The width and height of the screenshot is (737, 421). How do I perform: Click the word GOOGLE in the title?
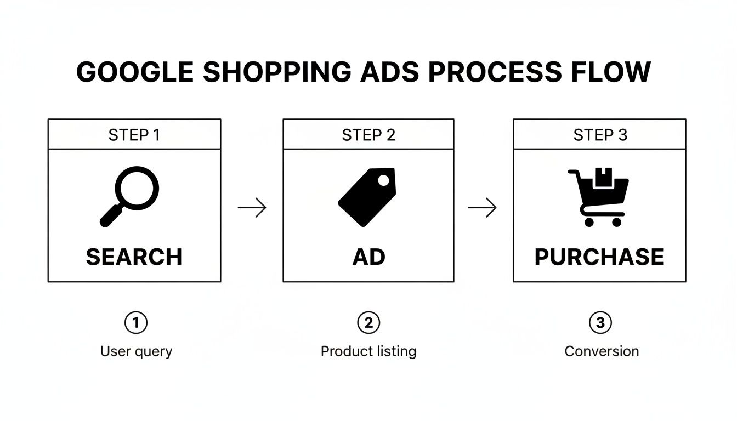(x=135, y=72)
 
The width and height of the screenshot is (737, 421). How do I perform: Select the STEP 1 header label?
(x=134, y=135)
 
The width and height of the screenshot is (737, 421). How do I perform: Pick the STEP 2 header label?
(x=368, y=135)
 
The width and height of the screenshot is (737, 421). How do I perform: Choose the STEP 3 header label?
(x=600, y=135)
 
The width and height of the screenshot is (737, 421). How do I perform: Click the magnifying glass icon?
(x=130, y=196)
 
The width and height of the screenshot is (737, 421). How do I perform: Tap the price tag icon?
(x=367, y=197)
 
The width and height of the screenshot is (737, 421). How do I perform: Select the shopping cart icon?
(x=598, y=197)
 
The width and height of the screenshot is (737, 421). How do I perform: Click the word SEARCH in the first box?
(x=134, y=257)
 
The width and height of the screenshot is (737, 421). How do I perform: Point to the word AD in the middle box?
(x=368, y=257)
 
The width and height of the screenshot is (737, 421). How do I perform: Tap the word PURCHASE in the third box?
(x=599, y=257)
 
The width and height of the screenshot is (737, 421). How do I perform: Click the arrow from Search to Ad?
(x=252, y=208)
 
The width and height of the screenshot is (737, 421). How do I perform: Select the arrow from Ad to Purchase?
(x=483, y=208)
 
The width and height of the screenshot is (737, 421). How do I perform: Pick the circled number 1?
(x=136, y=323)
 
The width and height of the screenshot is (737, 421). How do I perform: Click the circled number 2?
(x=368, y=323)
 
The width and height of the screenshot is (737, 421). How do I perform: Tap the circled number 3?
(x=600, y=323)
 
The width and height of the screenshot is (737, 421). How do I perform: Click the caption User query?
(x=136, y=351)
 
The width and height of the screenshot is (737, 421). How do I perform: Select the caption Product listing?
(x=368, y=351)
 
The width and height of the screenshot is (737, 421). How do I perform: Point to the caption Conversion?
(x=602, y=351)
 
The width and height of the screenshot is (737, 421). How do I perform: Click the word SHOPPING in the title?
(x=276, y=72)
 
